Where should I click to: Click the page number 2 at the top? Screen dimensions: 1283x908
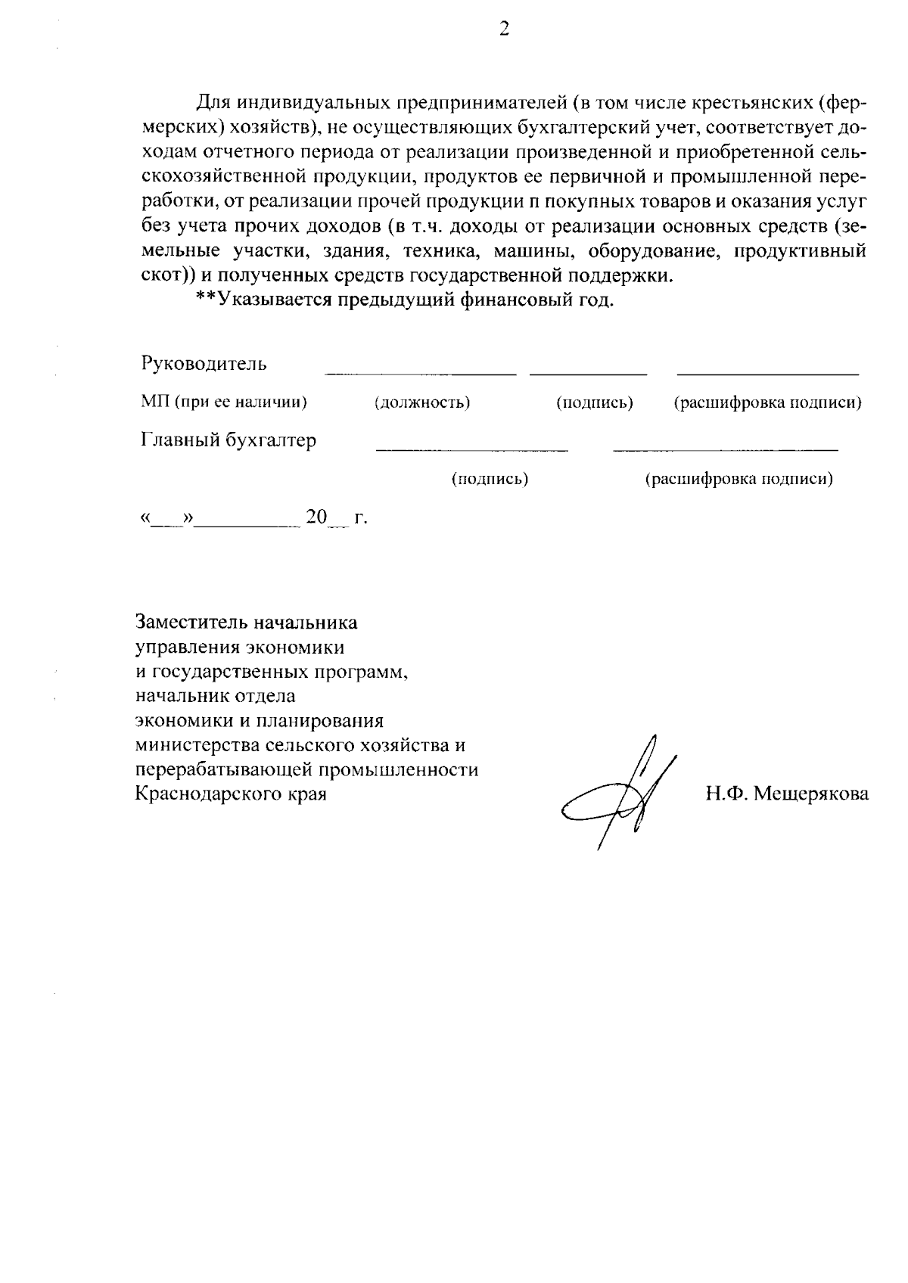coord(505,30)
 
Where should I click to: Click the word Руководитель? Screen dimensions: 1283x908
coord(204,364)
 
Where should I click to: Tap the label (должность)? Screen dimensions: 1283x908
coord(422,402)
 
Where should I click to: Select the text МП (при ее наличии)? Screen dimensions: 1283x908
coord(224,402)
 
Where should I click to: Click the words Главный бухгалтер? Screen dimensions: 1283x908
coord(229,440)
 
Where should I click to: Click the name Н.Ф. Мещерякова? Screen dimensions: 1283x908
coord(787,794)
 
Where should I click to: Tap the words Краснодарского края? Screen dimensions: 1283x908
coord(231,794)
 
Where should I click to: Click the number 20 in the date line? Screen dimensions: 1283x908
coord(316,517)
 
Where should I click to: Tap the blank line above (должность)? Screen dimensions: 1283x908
coord(421,374)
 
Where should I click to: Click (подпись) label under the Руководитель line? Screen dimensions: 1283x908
coord(595,402)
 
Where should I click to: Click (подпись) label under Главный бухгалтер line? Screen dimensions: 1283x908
coord(490,479)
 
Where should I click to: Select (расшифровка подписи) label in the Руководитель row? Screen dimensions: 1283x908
coord(767,402)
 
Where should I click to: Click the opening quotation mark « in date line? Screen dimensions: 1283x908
coord(145,518)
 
